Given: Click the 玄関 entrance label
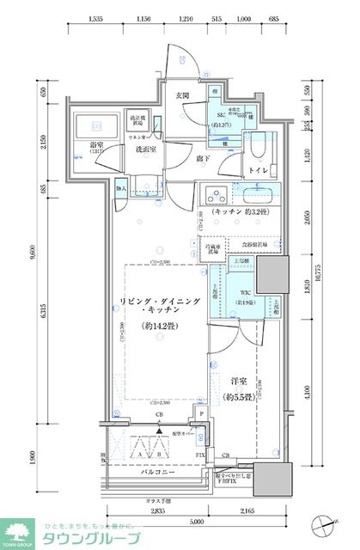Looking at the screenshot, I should point(184,95).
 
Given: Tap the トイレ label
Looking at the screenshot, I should point(258,170).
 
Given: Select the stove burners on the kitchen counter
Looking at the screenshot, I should point(216,192).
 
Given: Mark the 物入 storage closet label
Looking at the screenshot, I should point(121,187).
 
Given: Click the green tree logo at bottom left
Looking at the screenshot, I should point(18,530).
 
